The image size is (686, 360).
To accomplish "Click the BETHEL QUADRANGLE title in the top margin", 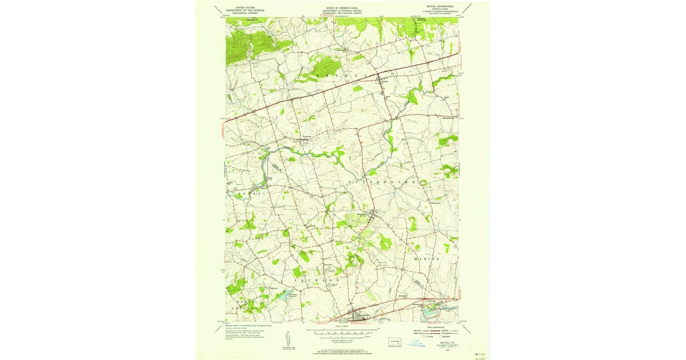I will [x=436, y=7].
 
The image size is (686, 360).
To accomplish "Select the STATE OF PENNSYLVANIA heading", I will [x=342, y=7].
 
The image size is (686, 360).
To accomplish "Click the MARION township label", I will [x=425, y=259].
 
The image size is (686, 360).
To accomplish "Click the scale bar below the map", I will [x=342, y=331].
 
